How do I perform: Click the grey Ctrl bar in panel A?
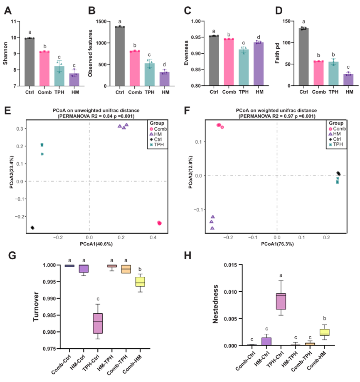(x=29, y=62)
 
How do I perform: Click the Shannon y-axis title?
(x=5, y=54)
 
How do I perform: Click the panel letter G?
(x=13, y=255)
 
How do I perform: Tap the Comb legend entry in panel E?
(x=160, y=129)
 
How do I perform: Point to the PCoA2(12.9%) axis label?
(x=190, y=176)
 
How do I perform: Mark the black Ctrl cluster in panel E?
(x=32, y=228)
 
